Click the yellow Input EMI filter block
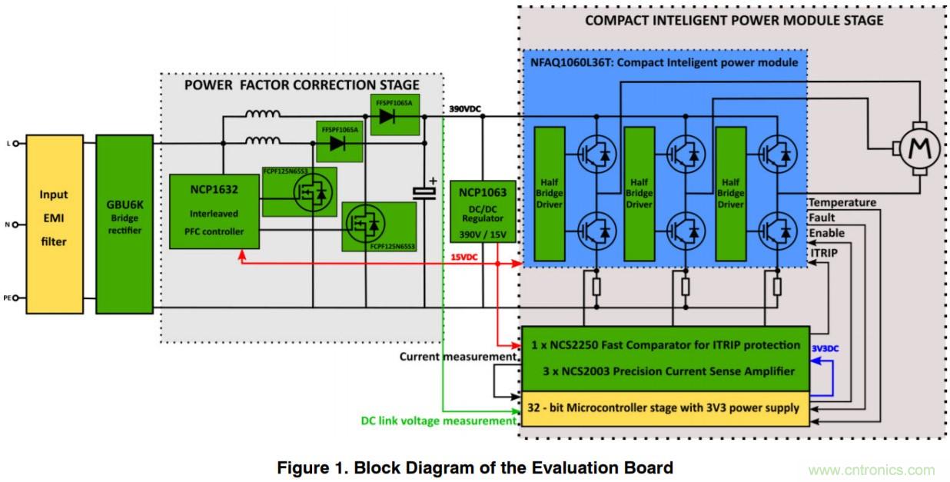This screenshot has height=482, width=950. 54,223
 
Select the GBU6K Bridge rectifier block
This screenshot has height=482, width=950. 125,223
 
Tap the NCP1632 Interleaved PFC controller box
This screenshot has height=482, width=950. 214,211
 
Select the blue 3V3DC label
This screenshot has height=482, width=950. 825,348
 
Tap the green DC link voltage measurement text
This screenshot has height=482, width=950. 438,421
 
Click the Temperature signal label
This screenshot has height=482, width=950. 842,202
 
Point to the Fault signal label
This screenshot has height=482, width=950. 821,218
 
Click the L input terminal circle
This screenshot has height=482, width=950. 15,143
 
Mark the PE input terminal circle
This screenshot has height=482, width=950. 15,298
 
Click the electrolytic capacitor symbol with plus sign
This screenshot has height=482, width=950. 424,192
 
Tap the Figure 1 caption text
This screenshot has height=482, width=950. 475,467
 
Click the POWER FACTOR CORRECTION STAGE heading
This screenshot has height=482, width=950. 302,85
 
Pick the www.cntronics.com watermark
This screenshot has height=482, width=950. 871,470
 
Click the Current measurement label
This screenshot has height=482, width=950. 458,357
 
